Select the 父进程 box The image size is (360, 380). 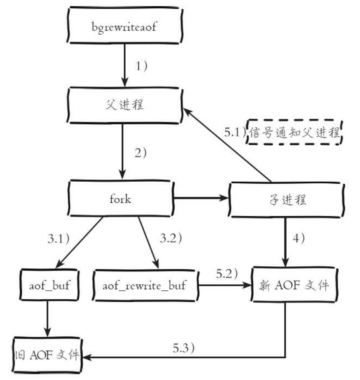[125, 105]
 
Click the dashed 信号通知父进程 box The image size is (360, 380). [295, 132]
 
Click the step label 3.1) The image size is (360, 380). [58, 238]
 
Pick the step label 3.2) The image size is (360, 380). [170, 238]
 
